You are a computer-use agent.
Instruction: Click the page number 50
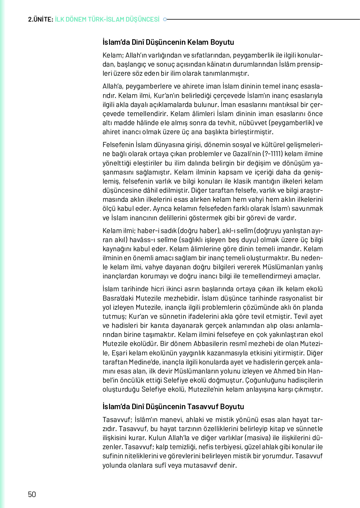[x=32, y=494]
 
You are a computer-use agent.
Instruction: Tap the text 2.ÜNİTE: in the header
[x=40, y=19]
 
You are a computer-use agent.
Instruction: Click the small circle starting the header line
[x=165, y=19]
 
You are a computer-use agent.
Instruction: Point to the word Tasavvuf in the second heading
[x=203, y=407]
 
